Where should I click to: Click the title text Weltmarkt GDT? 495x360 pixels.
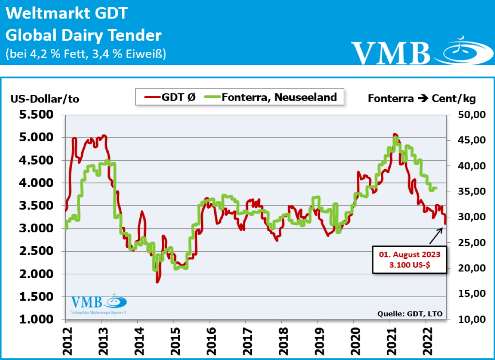point(67,13)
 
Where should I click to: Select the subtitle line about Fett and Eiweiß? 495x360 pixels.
point(86,54)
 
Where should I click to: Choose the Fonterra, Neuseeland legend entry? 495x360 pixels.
point(271,97)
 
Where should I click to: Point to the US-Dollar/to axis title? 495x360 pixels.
point(44,99)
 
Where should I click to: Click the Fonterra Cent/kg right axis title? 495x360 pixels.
point(422,99)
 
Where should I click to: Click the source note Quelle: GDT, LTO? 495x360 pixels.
point(410,314)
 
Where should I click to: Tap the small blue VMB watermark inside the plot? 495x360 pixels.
point(99,305)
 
